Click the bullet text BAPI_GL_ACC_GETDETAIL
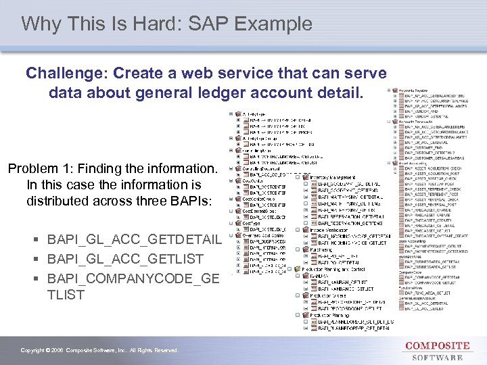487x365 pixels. [x=135, y=240]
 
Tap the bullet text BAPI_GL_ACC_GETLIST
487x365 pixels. [x=126, y=259]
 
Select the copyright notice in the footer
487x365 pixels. [x=99, y=350]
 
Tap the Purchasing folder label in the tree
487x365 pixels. [x=322, y=249]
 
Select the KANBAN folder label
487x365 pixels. [x=318, y=276]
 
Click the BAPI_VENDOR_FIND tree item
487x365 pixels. [x=419, y=108]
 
